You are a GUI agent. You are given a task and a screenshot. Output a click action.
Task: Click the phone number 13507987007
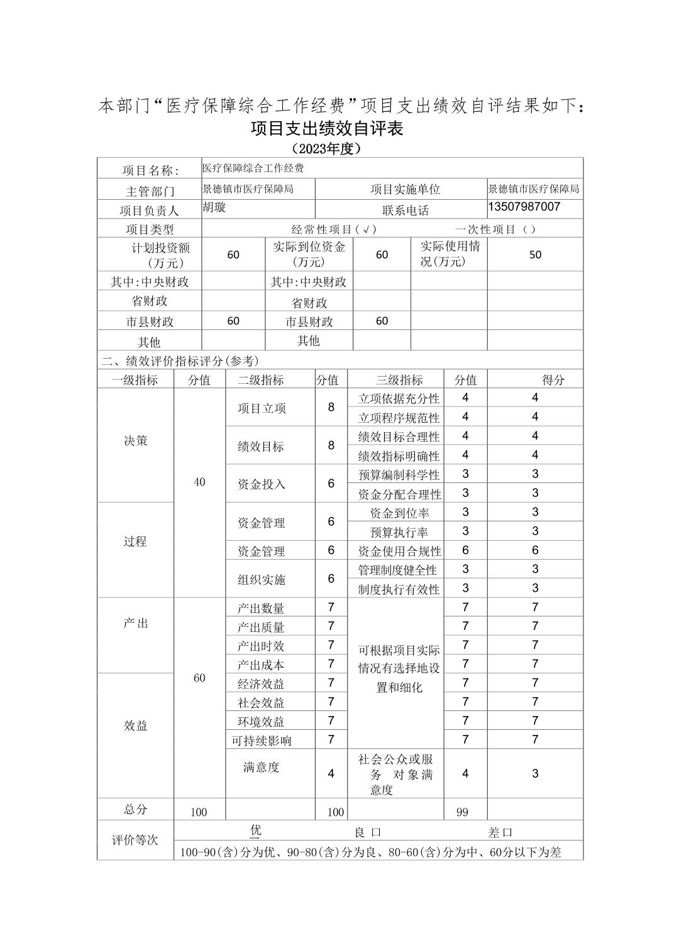(524, 207)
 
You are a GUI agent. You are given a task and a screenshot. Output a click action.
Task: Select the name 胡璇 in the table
(214, 207)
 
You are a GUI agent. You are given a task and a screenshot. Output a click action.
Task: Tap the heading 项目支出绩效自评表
(326, 128)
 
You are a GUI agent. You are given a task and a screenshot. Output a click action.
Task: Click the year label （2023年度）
(326, 149)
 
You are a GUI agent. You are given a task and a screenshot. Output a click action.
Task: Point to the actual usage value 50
(535, 254)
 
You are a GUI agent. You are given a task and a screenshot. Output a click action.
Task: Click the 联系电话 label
(405, 210)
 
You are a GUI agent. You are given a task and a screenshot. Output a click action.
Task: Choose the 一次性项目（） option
(495, 229)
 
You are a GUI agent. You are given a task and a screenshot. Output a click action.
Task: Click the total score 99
(462, 812)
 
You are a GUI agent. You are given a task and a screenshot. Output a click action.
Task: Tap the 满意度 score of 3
(535, 773)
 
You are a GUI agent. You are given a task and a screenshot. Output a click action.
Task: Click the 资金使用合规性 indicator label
(399, 551)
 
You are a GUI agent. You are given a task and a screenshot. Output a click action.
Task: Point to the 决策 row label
(136, 440)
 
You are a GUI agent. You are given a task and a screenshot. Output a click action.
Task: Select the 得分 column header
(553, 379)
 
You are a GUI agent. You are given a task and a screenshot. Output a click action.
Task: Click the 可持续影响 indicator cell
(262, 741)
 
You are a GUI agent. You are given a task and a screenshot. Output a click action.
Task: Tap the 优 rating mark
(255, 830)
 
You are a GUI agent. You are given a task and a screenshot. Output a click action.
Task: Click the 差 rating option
(500, 832)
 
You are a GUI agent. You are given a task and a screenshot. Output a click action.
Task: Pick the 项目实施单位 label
(405, 189)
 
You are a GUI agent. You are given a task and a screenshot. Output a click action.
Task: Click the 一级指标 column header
(135, 379)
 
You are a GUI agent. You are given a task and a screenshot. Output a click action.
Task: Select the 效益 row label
(136, 725)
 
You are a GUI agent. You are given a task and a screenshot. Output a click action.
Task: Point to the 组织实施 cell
(262, 580)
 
